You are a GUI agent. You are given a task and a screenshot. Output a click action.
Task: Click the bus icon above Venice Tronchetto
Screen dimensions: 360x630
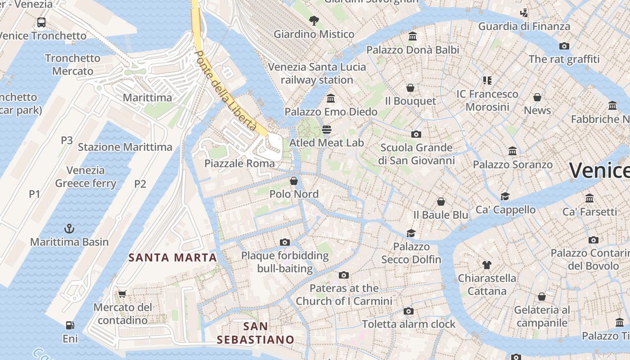(41, 22)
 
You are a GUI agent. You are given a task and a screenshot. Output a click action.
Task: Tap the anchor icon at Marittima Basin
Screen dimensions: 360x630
(69, 229)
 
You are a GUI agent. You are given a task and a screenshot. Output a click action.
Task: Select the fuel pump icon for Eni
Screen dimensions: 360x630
(70, 325)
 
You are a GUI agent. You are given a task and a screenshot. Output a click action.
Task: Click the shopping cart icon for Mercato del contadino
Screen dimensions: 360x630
(122, 294)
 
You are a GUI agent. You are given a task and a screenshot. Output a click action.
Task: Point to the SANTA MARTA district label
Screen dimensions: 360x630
(173, 258)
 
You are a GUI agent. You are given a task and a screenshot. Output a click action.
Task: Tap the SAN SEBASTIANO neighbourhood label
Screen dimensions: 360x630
(255, 333)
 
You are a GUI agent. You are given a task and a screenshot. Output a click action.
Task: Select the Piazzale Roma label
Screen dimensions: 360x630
(239, 163)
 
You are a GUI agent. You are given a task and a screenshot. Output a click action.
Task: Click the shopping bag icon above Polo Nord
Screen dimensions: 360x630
(294, 181)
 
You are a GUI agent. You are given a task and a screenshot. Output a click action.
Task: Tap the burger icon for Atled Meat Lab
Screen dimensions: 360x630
(327, 130)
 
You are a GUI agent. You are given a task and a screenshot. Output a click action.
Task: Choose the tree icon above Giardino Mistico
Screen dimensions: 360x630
(314, 20)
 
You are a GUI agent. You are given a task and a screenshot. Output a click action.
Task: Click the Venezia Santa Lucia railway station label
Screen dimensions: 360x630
(317, 73)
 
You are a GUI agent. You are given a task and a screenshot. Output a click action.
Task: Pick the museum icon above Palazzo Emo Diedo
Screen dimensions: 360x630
(331, 98)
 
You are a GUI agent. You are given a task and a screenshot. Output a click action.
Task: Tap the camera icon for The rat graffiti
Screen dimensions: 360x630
(564, 46)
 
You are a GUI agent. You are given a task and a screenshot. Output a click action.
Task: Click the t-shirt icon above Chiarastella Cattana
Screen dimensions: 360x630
(486, 265)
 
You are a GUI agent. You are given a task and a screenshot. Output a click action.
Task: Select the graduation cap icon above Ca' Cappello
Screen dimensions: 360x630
(505, 196)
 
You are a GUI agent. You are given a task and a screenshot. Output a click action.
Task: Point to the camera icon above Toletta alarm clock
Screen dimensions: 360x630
(409, 311)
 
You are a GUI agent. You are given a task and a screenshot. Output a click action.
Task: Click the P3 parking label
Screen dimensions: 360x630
(67, 140)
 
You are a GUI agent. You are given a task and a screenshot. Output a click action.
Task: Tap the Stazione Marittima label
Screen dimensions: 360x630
(125, 147)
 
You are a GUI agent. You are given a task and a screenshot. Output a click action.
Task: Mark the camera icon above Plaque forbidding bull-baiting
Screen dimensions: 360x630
(284, 243)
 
